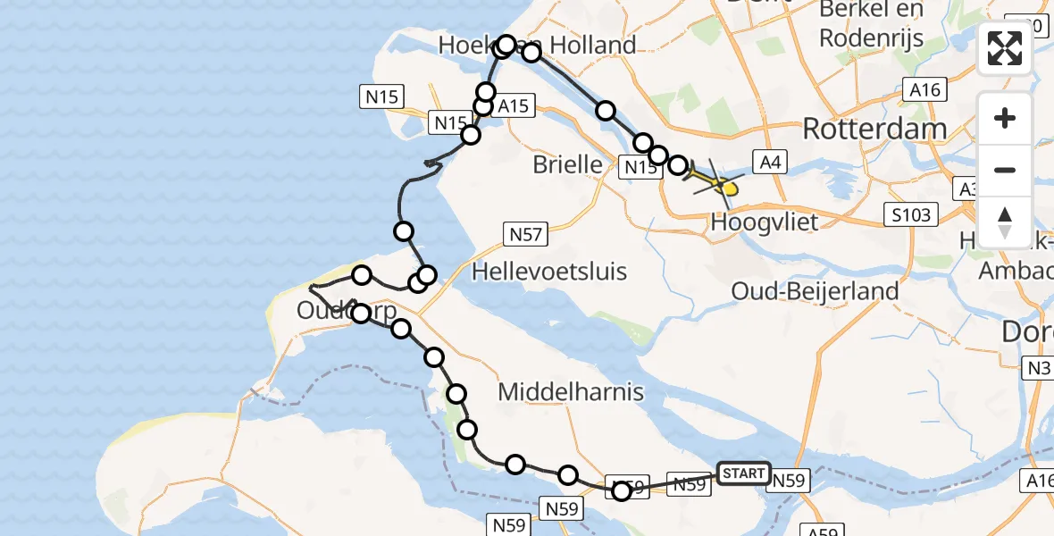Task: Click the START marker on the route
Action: click(742, 473)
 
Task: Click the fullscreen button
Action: click(1005, 48)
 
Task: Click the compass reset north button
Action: click(1005, 222)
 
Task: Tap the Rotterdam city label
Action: click(874, 129)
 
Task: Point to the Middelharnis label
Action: click(571, 391)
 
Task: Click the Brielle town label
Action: click(567, 164)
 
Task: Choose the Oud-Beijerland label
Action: click(815, 290)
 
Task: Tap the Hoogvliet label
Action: click(765, 222)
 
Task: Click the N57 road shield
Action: click(525, 234)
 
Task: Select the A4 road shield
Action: click(770, 162)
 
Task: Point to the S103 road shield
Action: click(911, 214)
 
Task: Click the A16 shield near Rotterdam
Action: click(924, 89)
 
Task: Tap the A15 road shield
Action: click(513, 106)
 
